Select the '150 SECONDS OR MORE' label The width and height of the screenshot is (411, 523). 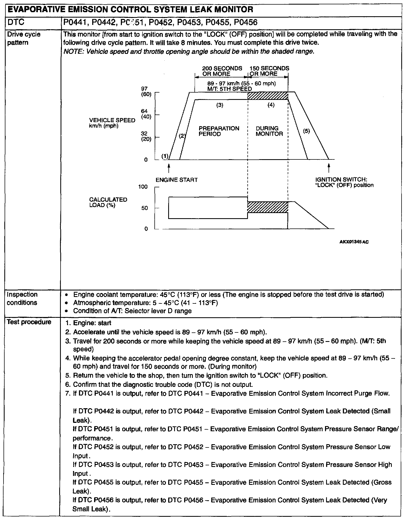pyautogui.click(x=269, y=71)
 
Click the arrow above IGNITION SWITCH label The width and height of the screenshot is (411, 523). pyautogui.click(x=329, y=167)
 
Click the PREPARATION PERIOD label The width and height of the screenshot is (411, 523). pyautogui.click(x=219, y=131)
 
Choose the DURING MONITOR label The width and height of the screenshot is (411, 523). pyautogui.click(x=269, y=131)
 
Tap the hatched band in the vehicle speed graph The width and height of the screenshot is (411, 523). pyautogui.click(x=268, y=96)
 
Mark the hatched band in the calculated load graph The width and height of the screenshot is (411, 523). pyautogui.click(x=268, y=207)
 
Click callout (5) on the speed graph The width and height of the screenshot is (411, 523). pyautogui.click(x=306, y=131)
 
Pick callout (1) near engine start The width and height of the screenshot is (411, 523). pyautogui.click(x=165, y=156)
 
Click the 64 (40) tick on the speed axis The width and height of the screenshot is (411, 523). pyautogui.click(x=146, y=114)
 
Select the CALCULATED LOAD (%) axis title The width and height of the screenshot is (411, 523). pyautogui.click(x=108, y=202)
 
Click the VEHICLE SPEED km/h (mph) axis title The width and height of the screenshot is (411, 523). pyautogui.click(x=112, y=123)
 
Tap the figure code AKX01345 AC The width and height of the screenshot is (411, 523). pyautogui.click(x=354, y=242)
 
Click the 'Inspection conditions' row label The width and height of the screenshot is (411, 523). pyautogui.click(x=22, y=298)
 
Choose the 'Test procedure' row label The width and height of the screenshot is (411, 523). pyautogui.click(x=29, y=322)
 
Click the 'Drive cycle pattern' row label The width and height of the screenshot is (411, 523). pyautogui.click(x=24, y=38)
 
